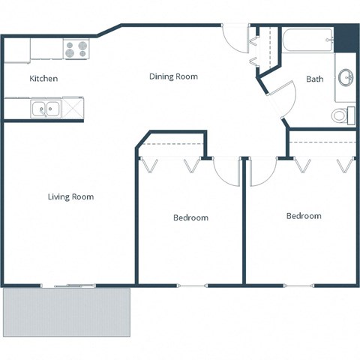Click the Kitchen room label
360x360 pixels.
click(43, 79)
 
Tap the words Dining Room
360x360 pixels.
click(173, 76)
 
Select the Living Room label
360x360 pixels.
click(70, 197)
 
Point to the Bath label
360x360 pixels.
click(315, 79)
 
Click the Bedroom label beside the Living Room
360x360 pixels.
click(190, 217)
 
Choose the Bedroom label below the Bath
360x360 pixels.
click(304, 216)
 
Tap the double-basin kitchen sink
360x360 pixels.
click(46, 110)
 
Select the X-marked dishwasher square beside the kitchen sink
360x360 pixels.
click(73, 110)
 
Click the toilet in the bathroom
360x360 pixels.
click(343, 115)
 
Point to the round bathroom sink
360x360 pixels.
click(346, 77)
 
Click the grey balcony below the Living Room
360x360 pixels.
click(67, 312)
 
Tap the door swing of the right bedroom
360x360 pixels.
click(260, 172)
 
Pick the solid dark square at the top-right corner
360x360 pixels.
click(345, 38)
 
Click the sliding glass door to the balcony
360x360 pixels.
click(68, 285)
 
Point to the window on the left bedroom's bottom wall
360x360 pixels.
click(191, 285)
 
